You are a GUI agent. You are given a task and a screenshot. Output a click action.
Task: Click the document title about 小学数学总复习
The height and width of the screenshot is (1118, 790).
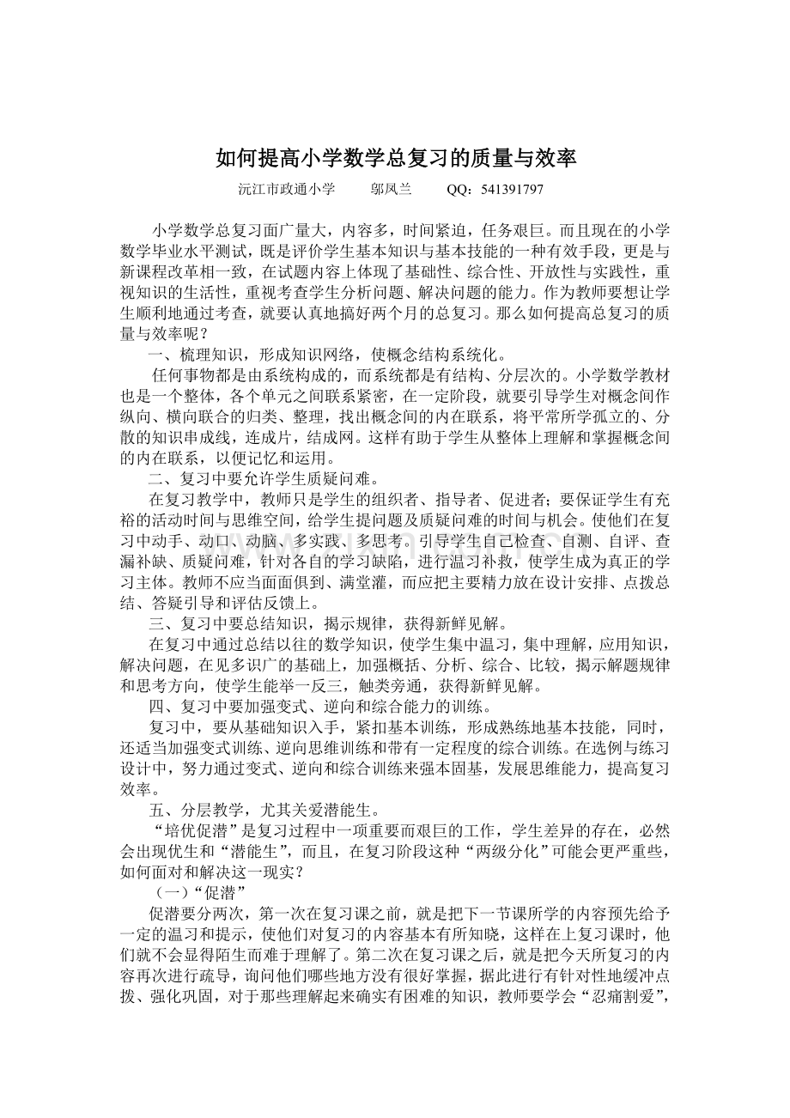(x=395, y=159)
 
